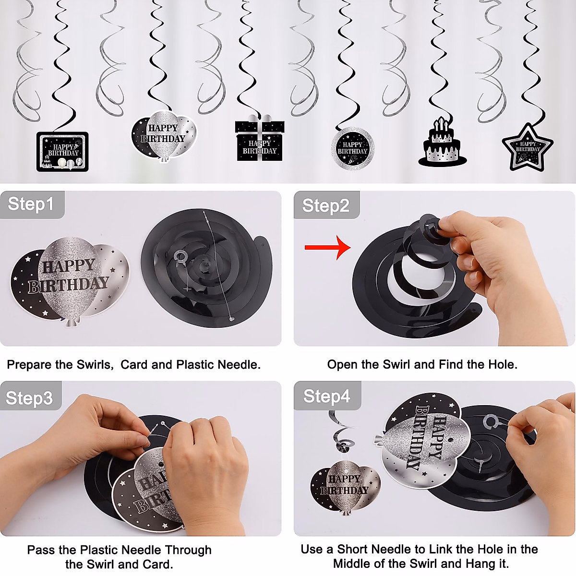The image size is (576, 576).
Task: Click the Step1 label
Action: coord(31,204)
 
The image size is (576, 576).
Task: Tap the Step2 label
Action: coord(325,205)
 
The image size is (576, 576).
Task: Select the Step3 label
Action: coord(29,398)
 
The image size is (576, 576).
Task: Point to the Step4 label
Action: coord(326,396)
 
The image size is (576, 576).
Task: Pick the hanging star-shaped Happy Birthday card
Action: coord(528,148)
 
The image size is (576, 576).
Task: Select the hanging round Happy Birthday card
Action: coord(352,148)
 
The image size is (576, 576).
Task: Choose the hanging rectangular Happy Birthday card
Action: coord(63,152)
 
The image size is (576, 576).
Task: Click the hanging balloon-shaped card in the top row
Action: coord(164,136)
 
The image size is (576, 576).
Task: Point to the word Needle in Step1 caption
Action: coord(239,365)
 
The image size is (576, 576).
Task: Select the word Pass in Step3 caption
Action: coord(40,550)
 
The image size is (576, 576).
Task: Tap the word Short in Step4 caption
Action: coord(352,549)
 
